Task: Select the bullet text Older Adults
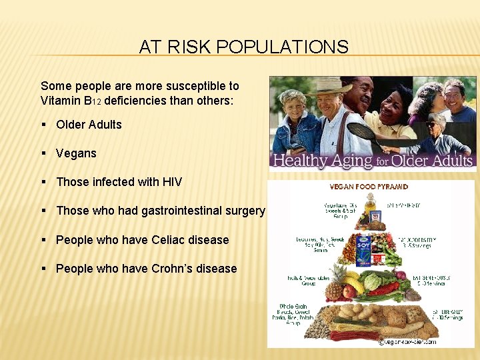89,125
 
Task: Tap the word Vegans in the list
76,153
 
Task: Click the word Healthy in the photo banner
302,161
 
